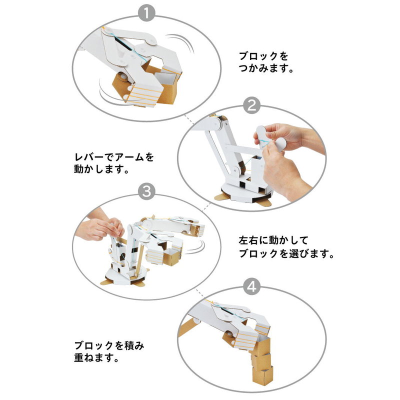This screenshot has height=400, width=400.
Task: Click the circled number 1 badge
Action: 146,13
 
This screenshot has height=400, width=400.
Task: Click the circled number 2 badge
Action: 252,105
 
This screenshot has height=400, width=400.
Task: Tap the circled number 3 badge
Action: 146,191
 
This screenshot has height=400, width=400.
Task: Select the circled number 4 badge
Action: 252,286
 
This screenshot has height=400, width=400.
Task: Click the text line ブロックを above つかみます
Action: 263,56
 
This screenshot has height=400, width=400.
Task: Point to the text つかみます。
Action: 266,68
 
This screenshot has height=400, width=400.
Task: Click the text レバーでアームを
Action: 114,157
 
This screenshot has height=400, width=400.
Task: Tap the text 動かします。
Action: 101,169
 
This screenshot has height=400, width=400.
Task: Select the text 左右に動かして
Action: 273,240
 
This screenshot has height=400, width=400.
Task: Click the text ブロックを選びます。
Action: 286,254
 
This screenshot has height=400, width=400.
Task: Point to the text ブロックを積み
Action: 109,345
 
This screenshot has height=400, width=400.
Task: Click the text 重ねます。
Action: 96,358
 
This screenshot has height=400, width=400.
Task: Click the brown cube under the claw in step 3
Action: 172,257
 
